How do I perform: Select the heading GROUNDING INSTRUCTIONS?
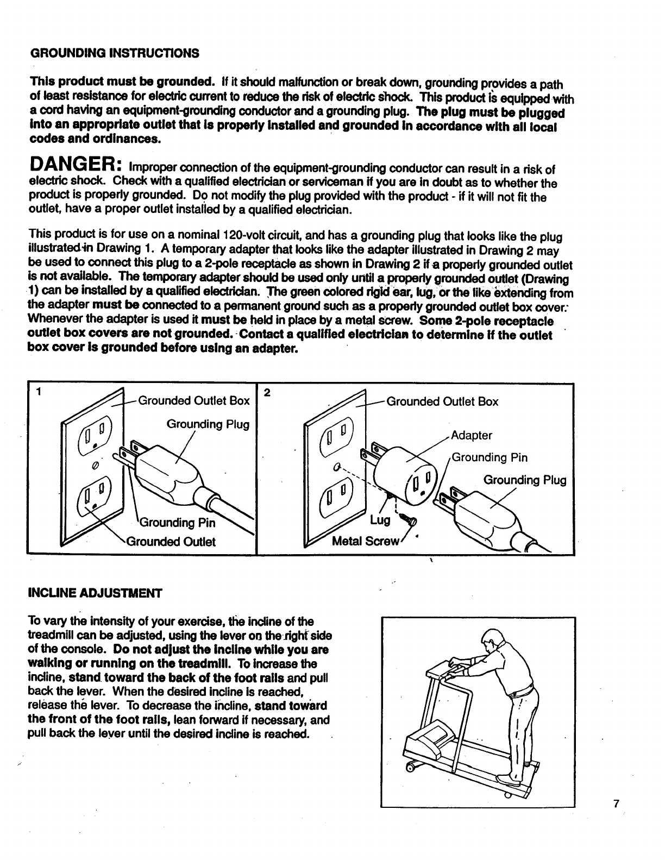(114, 53)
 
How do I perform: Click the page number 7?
(616, 805)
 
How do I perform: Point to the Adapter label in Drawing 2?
(471, 435)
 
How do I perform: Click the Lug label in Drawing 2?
(379, 520)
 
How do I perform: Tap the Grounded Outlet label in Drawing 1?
(171, 542)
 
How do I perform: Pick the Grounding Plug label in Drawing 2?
(524, 480)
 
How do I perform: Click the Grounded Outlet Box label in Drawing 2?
(442, 401)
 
